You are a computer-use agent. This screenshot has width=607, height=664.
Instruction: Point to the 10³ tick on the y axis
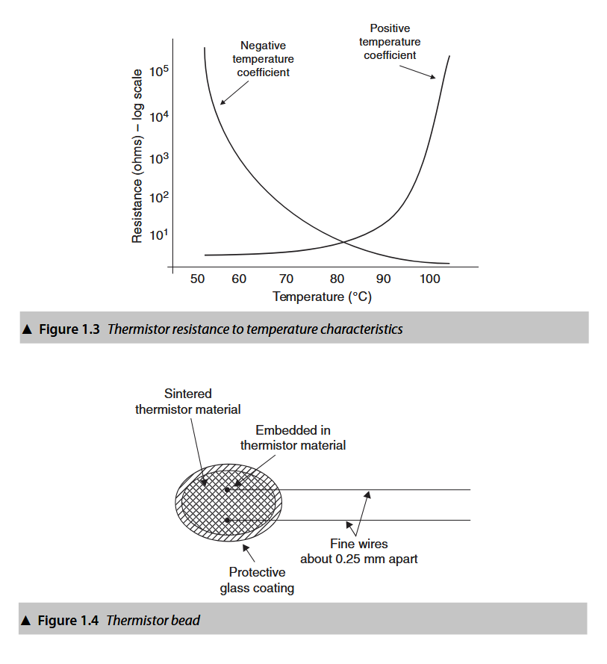coord(160,158)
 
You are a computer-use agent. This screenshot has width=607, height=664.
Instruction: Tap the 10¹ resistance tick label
coord(160,234)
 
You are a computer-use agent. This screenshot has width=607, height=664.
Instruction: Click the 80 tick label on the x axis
coord(337,279)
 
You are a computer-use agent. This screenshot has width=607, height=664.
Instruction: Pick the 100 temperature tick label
coord(430,279)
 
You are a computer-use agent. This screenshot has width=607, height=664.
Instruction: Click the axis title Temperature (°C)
coord(322,297)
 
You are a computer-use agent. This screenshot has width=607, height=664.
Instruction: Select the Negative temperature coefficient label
coord(263,59)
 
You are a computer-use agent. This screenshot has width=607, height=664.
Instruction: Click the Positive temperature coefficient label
coord(390,42)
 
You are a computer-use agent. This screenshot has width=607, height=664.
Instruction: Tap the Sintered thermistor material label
coord(188,401)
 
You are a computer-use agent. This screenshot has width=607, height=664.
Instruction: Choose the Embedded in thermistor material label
coord(293,438)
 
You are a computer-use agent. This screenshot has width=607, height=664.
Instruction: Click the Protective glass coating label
coord(257,580)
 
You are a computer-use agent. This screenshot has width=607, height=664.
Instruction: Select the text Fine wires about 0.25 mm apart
coord(359,551)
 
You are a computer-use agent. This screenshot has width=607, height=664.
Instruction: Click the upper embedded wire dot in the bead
coord(227,490)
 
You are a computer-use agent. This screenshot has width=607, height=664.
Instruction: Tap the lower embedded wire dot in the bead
coord(227,519)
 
